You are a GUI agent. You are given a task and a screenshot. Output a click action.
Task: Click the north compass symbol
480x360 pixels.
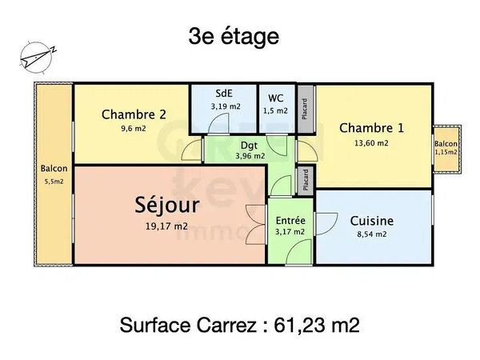coord(38,58)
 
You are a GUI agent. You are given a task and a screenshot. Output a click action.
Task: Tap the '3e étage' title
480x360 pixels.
coord(234,37)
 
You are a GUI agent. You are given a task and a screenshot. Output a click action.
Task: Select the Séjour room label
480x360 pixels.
coord(167,205)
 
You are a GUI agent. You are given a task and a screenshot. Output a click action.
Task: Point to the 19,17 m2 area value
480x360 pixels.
coord(166,226)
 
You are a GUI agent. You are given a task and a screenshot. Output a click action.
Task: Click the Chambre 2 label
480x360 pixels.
coord(134,114)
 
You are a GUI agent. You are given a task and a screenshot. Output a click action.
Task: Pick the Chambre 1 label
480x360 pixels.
coord(372,128)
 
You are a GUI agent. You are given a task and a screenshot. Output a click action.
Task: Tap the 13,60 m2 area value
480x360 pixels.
coord(371,143)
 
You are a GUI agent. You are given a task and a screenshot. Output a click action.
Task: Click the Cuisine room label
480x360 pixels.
coord(372,221)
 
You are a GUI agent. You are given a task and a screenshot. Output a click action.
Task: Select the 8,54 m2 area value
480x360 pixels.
coord(372,234)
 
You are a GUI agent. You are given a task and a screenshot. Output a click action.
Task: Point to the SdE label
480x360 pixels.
coord(224,94)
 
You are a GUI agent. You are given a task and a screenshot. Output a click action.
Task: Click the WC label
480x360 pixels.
coord(275,98)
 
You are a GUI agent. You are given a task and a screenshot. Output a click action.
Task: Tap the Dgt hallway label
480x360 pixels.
coord(249,145)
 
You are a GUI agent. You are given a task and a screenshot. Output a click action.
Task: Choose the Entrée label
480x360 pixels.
coord(290,221)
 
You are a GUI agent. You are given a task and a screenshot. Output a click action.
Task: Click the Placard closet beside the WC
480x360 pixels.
coord(306,109)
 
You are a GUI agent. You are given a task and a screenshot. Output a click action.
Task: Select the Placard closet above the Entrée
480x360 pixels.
coord(306,180)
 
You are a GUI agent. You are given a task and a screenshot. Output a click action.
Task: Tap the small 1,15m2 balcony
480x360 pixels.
coord(446,150)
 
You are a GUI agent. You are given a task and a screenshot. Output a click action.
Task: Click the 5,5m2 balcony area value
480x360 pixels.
coord(54,182)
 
